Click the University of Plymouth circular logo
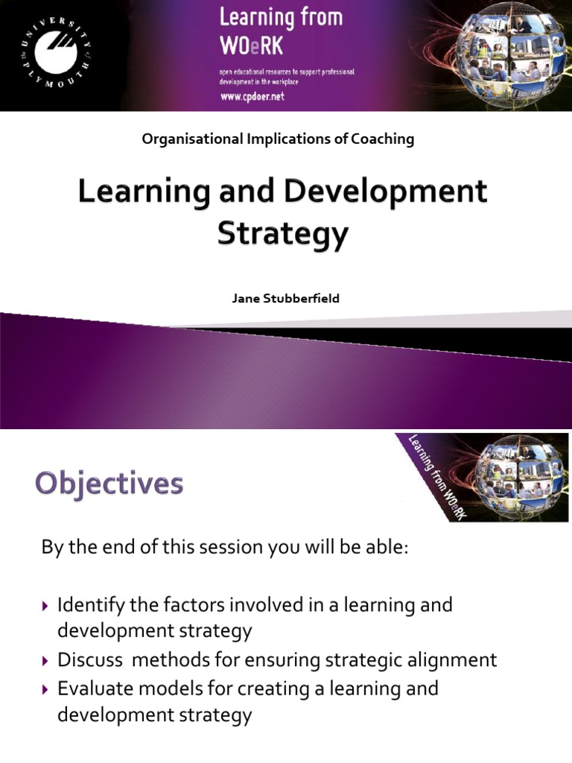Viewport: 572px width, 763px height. click(51, 54)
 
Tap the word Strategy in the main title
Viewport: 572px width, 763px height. click(282, 234)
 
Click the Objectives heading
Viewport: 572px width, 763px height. click(109, 484)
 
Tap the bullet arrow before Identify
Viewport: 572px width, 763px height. click(47, 606)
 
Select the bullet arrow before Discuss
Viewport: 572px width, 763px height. click(47, 661)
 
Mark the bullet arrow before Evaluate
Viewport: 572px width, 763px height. click(47, 689)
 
